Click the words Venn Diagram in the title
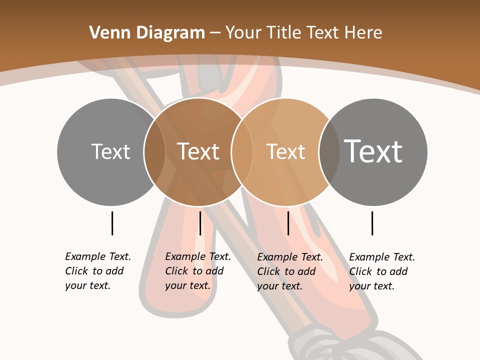click(x=147, y=33)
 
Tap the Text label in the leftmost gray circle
click(x=110, y=151)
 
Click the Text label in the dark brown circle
click(x=198, y=151)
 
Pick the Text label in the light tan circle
click(x=285, y=151)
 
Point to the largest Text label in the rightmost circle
click(x=373, y=151)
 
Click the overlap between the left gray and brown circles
click(x=154, y=152)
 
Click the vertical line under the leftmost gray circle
click(x=112, y=223)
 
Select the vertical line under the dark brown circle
click(x=200, y=223)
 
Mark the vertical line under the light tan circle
click(x=288, y=223)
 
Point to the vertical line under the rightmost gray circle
click(x=372, y=223)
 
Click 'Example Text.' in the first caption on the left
click(x=98, y=256)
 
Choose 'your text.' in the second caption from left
click(x=187, y=285)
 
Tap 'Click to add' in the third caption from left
click(x=286, y=271)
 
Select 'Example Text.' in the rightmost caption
click(x=382, y=257)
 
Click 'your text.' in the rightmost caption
click(x=371, y=286)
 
